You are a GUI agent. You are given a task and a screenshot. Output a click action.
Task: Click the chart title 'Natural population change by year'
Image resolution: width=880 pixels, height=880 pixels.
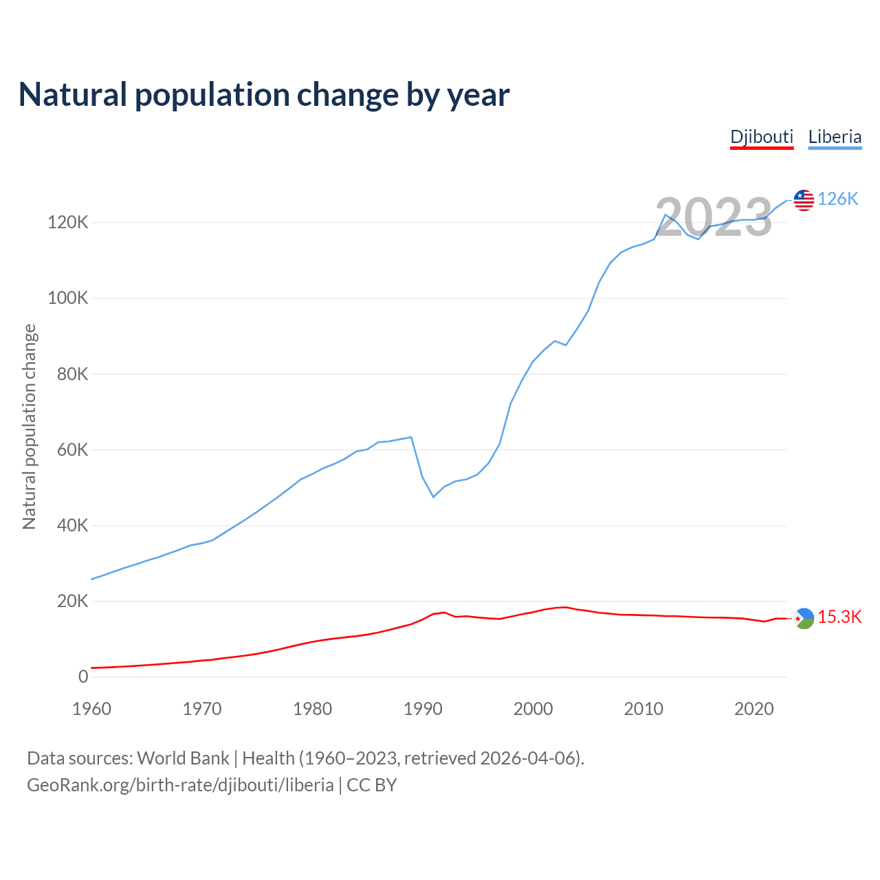263,95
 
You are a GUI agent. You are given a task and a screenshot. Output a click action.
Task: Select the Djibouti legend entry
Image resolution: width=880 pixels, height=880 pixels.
762,137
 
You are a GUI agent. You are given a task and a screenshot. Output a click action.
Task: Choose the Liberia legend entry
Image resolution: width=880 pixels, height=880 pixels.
835,137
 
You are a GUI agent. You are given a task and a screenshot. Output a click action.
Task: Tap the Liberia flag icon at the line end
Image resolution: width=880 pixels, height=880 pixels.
804,200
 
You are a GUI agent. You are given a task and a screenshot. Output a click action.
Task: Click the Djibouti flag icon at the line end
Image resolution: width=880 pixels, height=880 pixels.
804,619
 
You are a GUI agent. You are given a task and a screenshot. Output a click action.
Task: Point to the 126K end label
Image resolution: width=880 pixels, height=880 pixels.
838,199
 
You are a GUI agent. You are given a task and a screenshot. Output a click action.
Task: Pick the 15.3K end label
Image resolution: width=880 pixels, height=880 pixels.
839,617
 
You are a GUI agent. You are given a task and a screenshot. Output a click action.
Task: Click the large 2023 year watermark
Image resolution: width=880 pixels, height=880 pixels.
714,217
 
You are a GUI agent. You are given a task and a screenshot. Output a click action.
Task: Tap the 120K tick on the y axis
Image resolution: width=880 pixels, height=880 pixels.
67,223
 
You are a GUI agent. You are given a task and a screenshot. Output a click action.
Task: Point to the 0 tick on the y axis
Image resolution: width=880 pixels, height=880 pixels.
83,677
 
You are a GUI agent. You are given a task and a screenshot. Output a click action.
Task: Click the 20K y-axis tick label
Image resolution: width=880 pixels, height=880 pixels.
72,602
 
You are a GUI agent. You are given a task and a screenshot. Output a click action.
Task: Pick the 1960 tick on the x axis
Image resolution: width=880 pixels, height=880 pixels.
91,709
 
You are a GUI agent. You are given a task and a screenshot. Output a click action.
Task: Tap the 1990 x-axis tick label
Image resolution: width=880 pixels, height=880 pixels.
423,709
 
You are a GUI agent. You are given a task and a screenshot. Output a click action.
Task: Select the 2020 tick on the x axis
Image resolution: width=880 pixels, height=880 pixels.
754,709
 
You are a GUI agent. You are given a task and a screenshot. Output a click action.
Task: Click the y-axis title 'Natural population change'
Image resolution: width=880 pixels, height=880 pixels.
30,427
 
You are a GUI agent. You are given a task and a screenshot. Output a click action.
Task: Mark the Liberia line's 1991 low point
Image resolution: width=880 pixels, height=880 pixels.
433,496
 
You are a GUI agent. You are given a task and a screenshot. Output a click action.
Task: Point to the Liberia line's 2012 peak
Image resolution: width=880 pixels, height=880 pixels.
665,215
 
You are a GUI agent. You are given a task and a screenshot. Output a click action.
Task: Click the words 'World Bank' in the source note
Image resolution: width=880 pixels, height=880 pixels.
183,758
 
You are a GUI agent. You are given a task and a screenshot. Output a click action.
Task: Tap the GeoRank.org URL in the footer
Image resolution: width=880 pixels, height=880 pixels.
180,785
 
